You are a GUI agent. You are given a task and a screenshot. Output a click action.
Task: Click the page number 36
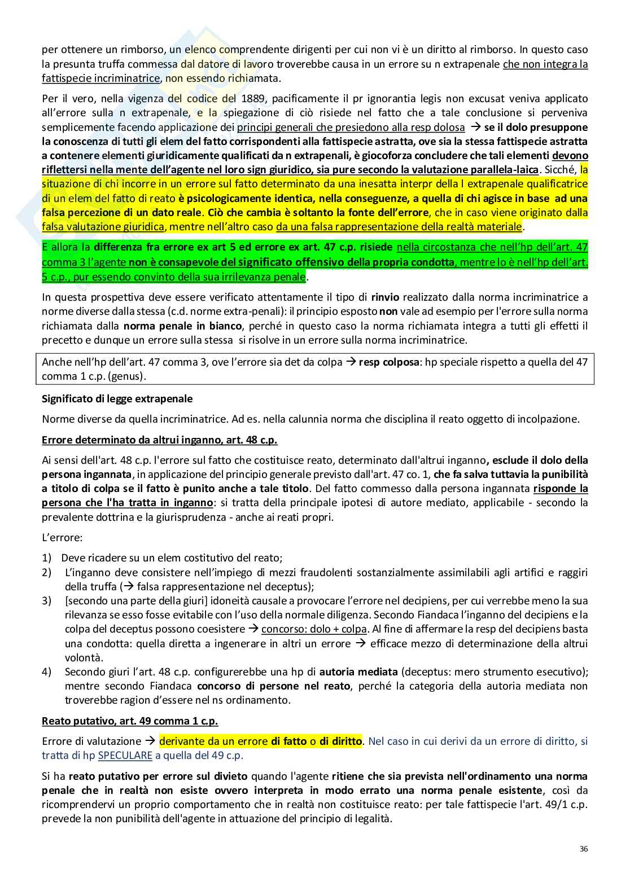(584, 849)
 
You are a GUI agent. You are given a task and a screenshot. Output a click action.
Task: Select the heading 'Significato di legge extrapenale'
(117, 399)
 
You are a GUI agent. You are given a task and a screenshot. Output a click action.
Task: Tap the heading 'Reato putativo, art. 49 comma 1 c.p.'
(130, 721)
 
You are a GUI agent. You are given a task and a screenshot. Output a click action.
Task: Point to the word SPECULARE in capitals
(125, 756)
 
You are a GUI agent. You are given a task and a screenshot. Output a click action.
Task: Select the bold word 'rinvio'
(386, 297)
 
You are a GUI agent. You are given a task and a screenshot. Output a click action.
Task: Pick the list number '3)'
(47, 600)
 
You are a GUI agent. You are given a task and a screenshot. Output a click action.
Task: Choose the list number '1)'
(47, 558)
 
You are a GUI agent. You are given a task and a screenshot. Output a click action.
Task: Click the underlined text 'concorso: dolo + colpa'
(314, 629)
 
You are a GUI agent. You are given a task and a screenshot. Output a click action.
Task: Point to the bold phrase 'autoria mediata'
(358, 672)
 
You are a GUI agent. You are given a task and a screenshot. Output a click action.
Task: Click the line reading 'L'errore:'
(62, 538)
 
